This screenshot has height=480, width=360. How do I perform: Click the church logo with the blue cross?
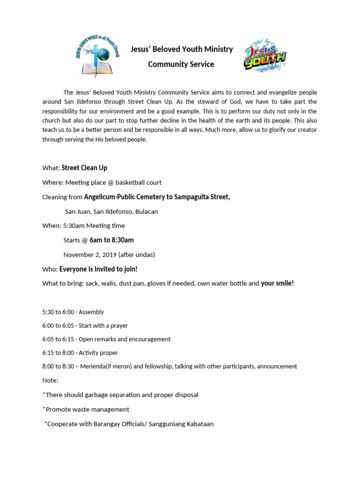97,56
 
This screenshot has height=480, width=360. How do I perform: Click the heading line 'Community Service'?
181,64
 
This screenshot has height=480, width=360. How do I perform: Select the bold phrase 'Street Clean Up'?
84,168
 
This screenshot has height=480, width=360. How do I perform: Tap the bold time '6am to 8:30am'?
112,240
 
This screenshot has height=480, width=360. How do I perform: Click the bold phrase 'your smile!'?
277,283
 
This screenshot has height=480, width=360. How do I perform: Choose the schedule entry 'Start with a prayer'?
103,325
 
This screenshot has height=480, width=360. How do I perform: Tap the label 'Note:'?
50,380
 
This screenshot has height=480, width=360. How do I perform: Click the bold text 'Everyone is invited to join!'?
98,269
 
